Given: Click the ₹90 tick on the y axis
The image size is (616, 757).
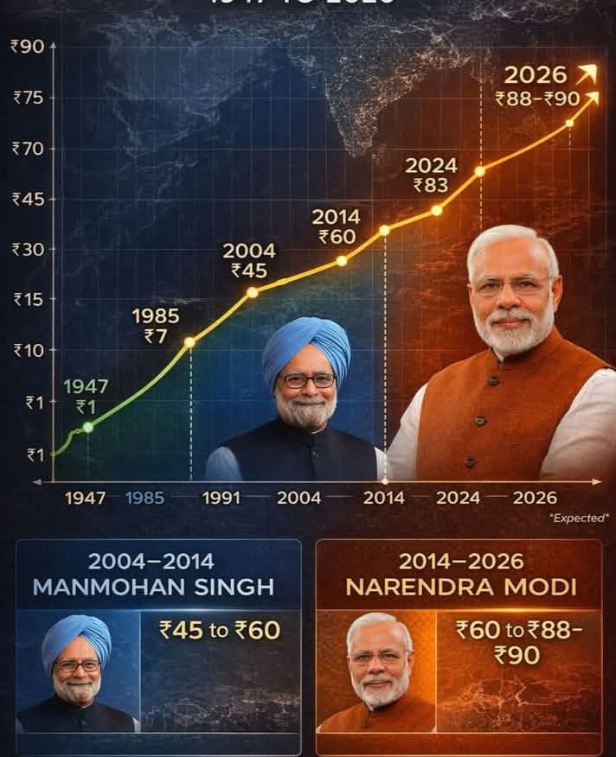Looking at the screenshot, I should coord(27,46).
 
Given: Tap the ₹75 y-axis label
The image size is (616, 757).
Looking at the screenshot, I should coord(27,98).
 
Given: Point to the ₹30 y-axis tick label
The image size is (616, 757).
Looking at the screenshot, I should coord(27,249).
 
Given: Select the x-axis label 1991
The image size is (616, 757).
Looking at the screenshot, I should coord(221,498).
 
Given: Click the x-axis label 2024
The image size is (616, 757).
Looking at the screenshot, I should coord(459,498).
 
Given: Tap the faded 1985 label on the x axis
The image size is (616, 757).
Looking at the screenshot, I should coord(144,498).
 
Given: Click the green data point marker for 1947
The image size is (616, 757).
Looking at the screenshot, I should coord(87,427).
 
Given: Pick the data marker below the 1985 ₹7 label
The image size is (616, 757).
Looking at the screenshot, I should coord(189,342).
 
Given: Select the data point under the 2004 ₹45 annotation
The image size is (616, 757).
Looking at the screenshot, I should coord(253,292).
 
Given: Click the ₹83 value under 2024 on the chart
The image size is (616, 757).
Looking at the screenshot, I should coord(430,185).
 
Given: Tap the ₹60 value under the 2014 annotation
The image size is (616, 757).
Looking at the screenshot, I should coord(337,237).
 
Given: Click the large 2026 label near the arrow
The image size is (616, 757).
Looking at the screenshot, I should coord(535,75).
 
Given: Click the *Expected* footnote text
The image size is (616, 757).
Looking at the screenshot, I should coord(579,518).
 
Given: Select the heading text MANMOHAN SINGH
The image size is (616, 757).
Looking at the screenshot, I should coord(153,587).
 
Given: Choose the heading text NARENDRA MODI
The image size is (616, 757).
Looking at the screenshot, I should coord(460,587).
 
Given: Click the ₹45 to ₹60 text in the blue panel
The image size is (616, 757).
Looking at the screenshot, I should coord(220,630).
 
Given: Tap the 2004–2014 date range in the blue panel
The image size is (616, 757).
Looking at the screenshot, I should coord(152,561).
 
